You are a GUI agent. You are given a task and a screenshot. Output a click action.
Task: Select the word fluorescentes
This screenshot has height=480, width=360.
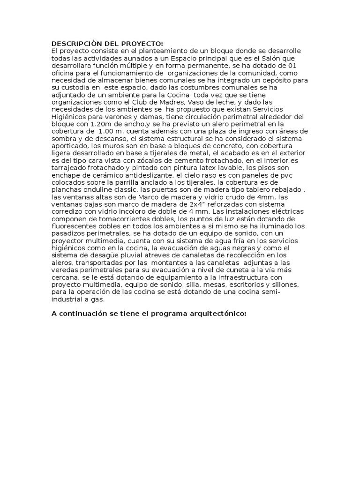click(x=76, y=226)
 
